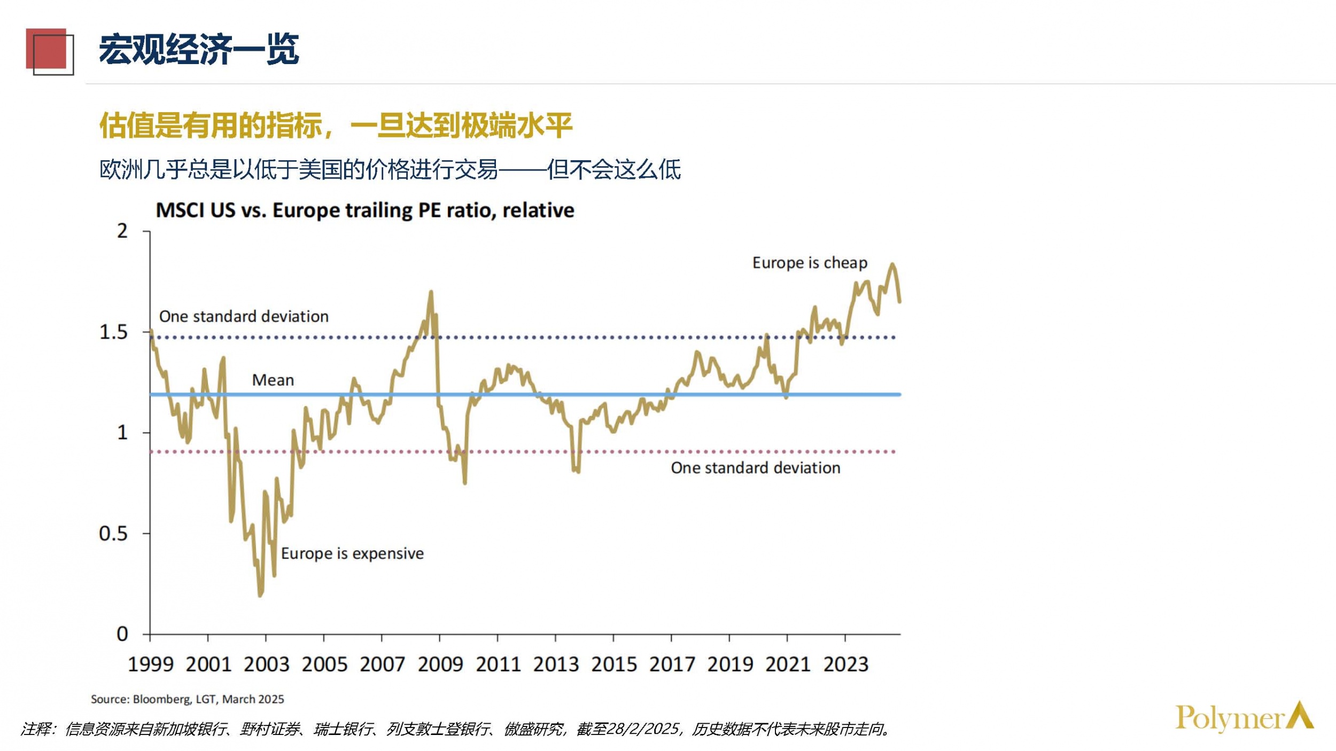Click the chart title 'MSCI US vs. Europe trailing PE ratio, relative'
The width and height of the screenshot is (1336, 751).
point(364,210)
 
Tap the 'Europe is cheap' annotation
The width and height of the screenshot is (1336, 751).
point(810,263)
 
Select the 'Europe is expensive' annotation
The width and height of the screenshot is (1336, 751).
point(352,553)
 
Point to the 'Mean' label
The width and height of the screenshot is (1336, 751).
point(273,380)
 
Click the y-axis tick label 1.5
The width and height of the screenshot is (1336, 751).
point(114,332)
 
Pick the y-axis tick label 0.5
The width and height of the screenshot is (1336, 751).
point(113,534)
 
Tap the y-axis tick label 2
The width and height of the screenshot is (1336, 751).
point(122,231)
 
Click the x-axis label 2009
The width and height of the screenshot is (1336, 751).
point(440,664)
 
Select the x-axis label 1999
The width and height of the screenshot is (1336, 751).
point(151,664)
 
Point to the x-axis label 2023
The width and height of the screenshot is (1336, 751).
point(845,664)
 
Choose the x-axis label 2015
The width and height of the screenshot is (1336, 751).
point(613,664)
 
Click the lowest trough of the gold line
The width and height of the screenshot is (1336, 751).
point(260,595)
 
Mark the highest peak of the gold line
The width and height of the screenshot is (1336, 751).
point(892,264)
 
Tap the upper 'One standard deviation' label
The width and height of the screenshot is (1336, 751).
point(244,316)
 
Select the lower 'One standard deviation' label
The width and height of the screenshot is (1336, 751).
point(755,468)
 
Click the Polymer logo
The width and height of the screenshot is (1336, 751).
point(1244,717)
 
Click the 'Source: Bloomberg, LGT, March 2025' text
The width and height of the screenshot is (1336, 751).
point(187,699)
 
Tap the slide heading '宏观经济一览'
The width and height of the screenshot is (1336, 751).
point(199,50)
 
